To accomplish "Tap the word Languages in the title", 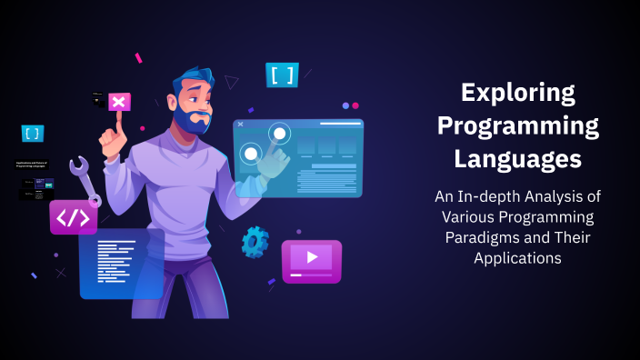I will point(518,159).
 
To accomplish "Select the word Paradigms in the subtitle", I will point(482,237).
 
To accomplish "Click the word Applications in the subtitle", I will point(518,258).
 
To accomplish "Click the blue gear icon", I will point(255,242).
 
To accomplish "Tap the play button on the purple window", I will point(312,257).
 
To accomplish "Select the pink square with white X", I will point(120,102).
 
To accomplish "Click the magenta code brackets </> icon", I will point(74,217).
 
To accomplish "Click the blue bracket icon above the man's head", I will point(282,75).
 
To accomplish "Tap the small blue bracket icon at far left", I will point(33,134).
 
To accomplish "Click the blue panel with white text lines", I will point(121,264).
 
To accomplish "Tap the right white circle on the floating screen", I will point(279,135).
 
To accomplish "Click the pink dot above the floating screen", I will point(345,105).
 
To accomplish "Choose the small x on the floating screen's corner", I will point(240,124).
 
